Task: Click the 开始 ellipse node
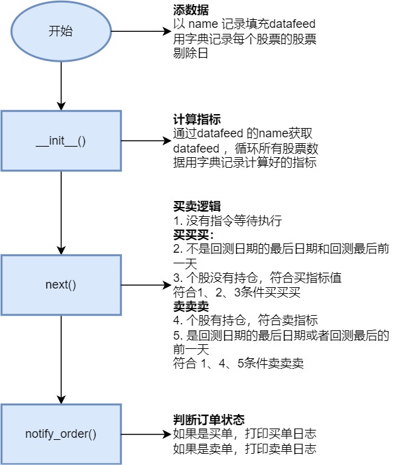coord(61,32)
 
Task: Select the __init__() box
coord(61,141)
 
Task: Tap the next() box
coord(61,285)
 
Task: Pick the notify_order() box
coord(61,434)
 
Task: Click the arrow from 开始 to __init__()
coord(61,83)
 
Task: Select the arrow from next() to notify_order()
coord(61,358)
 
